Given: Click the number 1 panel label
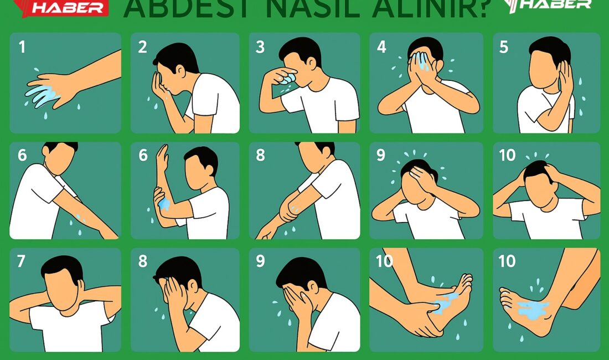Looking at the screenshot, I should [22, 47].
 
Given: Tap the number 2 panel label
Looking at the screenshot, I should [143, 47].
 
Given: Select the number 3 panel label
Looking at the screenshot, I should [260, 47].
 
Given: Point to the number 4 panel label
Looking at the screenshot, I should [381, 47].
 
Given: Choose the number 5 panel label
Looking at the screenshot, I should [504, 47].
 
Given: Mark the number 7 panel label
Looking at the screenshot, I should [22, 261].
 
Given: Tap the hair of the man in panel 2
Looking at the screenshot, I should [177, 55].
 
